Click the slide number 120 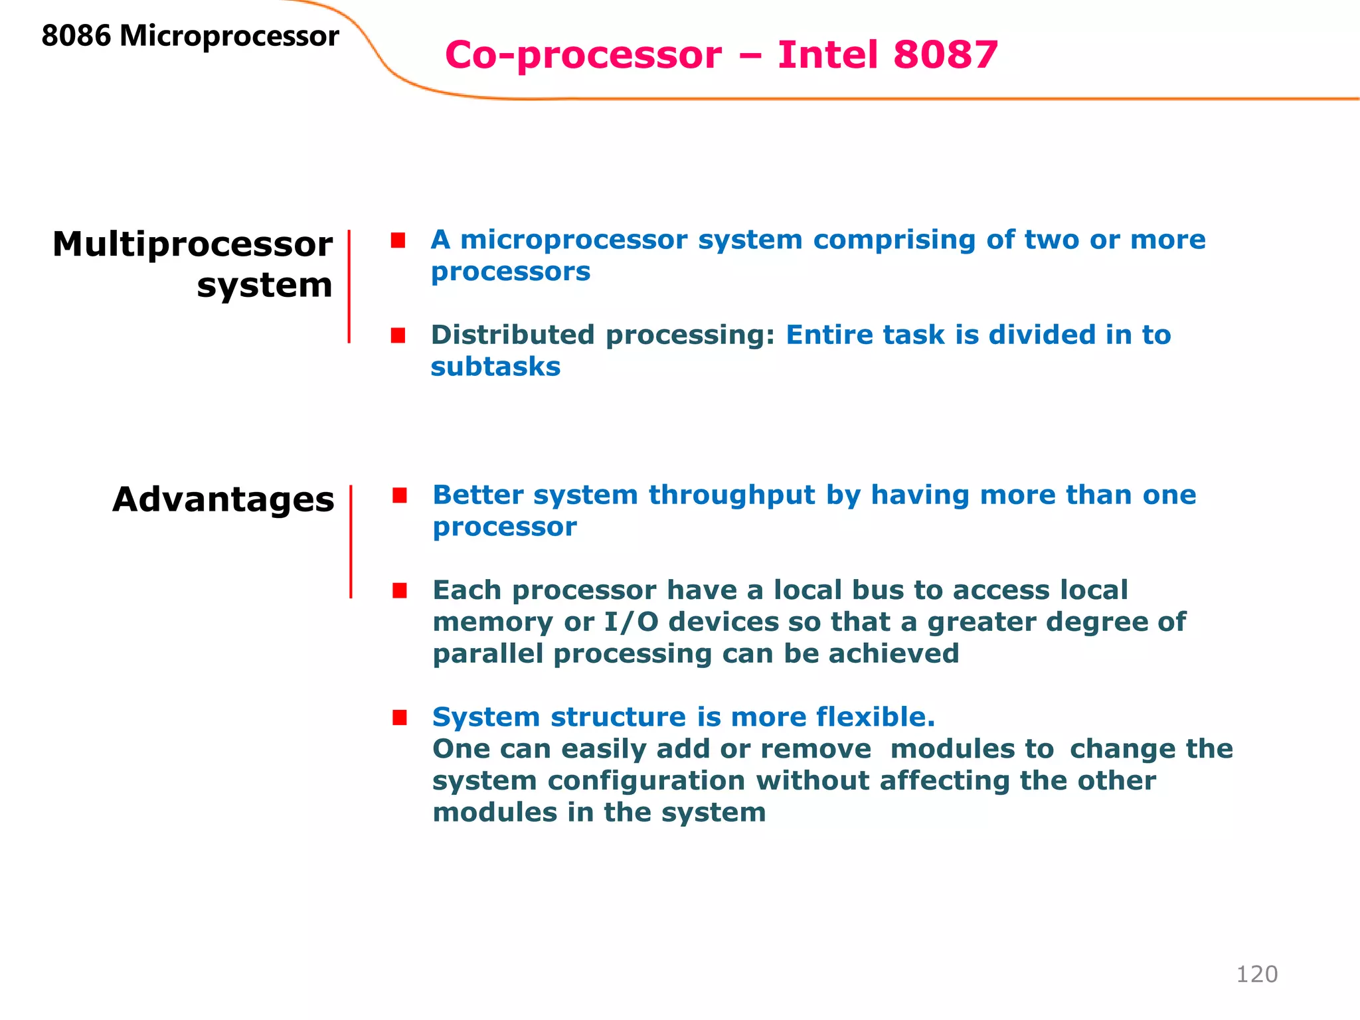point(1256,974)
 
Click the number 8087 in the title point(946,54)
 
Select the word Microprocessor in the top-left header point(229,37)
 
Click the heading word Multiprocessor point(193,244)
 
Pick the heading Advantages point(223,499)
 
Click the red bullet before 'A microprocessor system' point(398,240)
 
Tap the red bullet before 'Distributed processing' point(398,335)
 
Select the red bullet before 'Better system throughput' point(399,495)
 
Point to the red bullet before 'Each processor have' point(399,590)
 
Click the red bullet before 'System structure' point(399,717)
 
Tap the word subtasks point(495,367)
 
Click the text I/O point(631,622)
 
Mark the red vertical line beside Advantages point(351,542)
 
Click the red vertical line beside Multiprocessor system point(349,286)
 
